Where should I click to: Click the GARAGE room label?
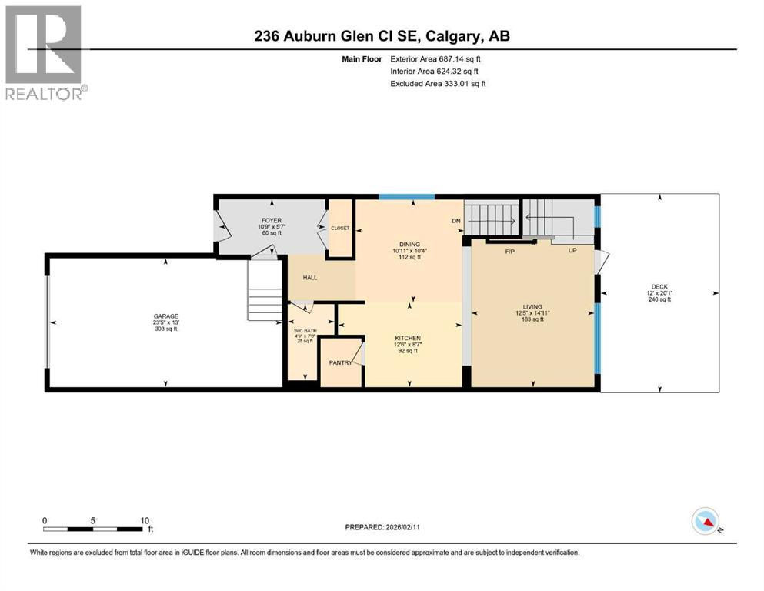[165, 316]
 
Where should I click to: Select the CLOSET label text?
[340, 229]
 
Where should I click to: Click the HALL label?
[310, 278]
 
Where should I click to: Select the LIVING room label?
[532, 306]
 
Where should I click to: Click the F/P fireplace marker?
[510, 252]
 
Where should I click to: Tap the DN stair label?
[455, 221]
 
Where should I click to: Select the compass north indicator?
[705, 522]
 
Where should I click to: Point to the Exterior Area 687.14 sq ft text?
[439, 58]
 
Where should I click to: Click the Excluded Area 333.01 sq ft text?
[439, 83]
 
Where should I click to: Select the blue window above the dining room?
[407, 197]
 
